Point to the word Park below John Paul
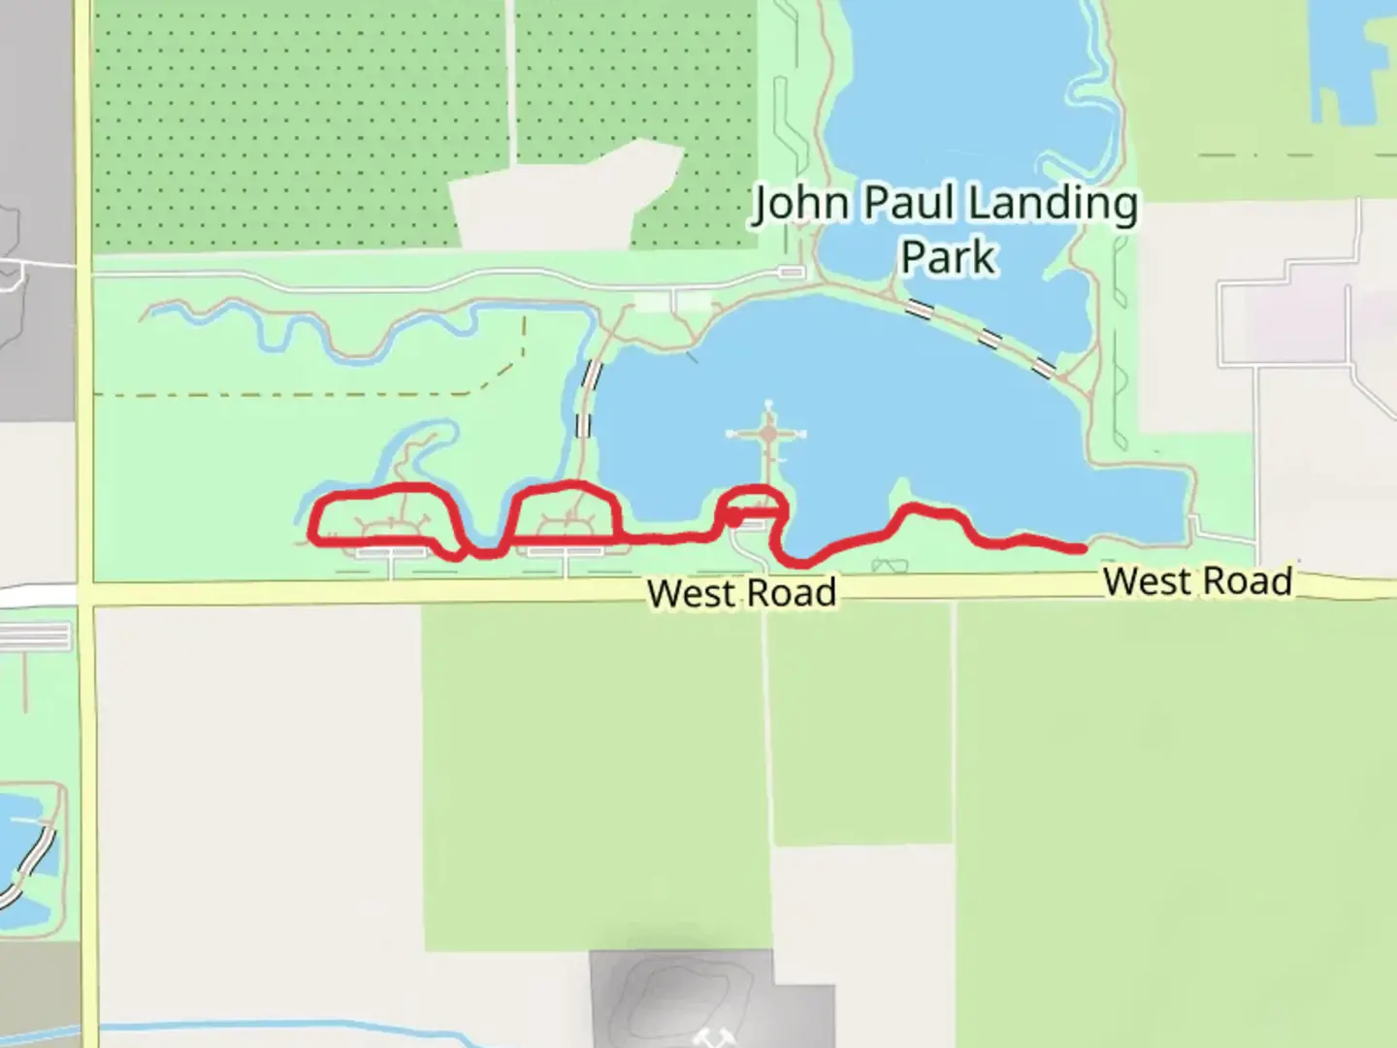pyautogui.click(x=947, y=258)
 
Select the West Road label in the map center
pyautogui.click(x=741, y=593)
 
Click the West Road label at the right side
pyautogui.click(x=1197, y=581)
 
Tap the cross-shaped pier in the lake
pyautogui.click(x=768, y=434)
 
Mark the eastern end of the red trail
pyautogui.click(x=1081, y=549)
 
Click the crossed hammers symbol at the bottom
pyautogui.click(x=713, y=1036)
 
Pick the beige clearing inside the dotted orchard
pyautogui.click(x=563, y=199)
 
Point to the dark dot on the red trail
pyautogui.click(x=734, y=521)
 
